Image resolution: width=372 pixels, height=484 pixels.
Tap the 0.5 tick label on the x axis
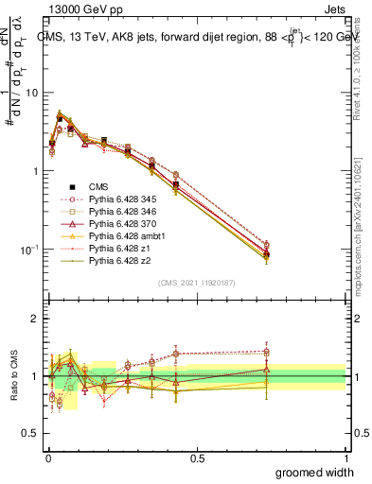tap(197, 457)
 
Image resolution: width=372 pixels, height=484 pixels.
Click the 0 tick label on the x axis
tap(48, 457)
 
